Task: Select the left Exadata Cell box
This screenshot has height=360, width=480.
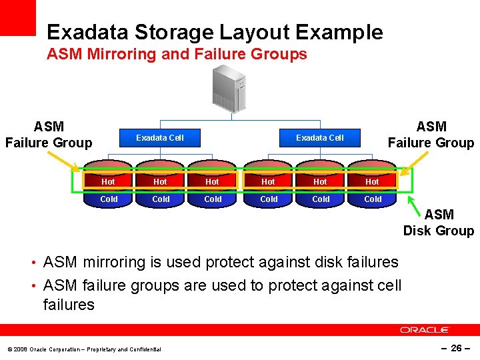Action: tap(160, 138)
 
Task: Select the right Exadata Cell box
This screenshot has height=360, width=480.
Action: tap(320, 138)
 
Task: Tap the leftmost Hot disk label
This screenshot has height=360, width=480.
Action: tap(108, 181)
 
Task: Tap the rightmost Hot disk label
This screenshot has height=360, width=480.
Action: tap(372, 181)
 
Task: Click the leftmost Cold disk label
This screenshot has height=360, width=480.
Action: tap(108, 199)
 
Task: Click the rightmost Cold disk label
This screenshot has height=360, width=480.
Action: tap(372, 199)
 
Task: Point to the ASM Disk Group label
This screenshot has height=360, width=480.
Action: tap(438, 223)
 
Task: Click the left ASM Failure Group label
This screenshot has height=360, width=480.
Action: tap(49, 135)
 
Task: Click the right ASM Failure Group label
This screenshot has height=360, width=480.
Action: tap(431, 135)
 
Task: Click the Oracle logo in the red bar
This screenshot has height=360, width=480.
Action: tap(425, 329)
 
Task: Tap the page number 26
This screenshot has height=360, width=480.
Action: tap(457, 348)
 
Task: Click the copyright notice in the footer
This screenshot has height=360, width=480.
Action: tap(84, 349)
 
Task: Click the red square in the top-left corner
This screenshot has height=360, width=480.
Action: tap(17, 17)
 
